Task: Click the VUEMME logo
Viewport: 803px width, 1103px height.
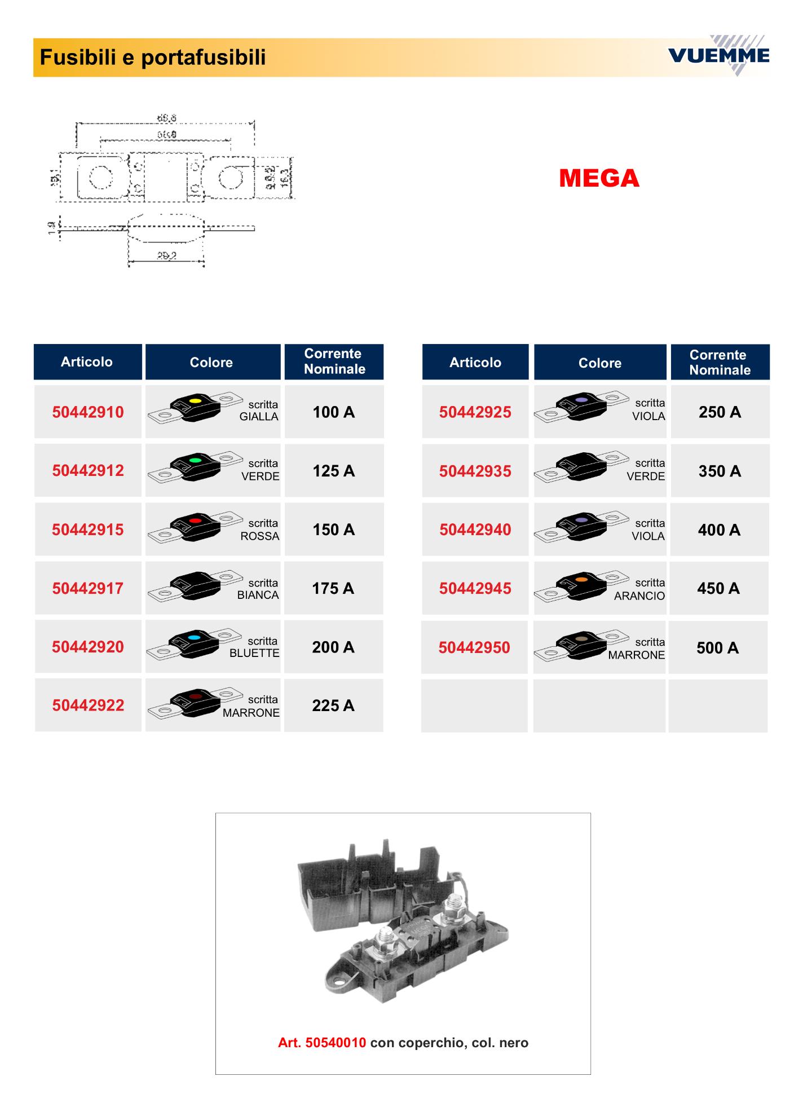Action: click(x=718, y=55)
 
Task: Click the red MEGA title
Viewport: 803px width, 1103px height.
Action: click(x=599, y=178)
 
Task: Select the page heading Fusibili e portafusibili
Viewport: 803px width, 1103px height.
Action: click(x=152, y=58)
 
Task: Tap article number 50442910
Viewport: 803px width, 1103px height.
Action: click(x=88, y=412)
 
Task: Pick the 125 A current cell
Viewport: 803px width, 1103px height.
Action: click(x=334, y=471)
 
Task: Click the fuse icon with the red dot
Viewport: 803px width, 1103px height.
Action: click(x=195, y=528)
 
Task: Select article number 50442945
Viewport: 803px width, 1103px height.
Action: click(x=475, y=589)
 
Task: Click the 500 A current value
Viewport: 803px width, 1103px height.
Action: click(x=717, y=648)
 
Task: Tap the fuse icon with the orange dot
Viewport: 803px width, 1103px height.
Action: click(x=581, y=586)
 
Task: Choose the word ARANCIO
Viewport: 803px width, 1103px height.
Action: click(x=639, y=596)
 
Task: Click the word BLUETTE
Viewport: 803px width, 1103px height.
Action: click(x=254, y=654)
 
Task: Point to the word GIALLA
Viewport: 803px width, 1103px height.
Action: click(x=259, y=417)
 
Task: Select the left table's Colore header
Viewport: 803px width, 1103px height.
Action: click(x=211, y=363)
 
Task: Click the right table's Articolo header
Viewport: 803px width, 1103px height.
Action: click(x=475, y=363)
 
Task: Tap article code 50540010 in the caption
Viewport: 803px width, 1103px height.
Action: click(x=336, y=1043)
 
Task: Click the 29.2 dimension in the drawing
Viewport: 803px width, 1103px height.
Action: click(x=166, y=256)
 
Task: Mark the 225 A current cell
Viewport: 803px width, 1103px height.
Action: click(x=333, y=705)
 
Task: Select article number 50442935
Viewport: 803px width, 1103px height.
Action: click(x=475, y=471)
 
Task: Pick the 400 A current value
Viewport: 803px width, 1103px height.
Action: click(x=719, y=530)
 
